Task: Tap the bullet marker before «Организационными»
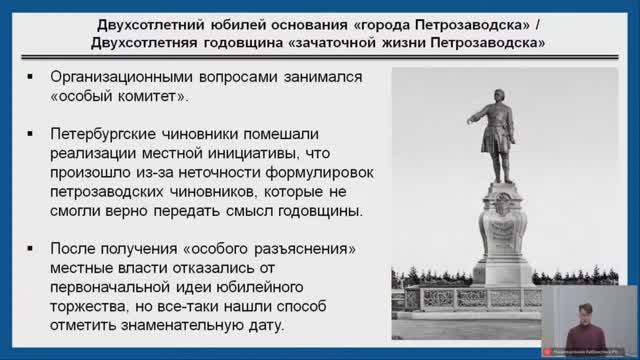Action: click(x=31, y=77)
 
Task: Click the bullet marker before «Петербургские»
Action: click(x=31, y=133)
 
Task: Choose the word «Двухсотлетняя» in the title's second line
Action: click(x=152, y=43)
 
